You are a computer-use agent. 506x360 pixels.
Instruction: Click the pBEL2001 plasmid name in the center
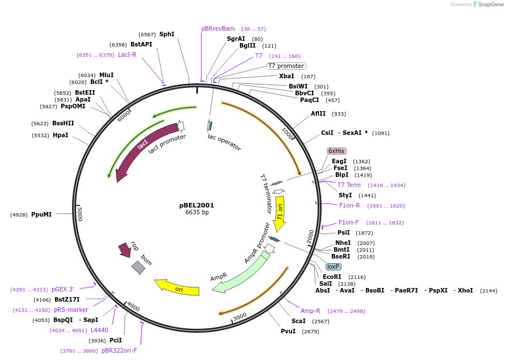197,205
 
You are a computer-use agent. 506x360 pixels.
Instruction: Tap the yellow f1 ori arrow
280,210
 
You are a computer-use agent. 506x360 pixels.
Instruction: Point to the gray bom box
138,267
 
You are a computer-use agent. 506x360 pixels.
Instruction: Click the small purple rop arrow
124,249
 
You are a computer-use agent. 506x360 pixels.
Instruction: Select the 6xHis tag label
336,151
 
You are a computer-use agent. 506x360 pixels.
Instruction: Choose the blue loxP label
334,266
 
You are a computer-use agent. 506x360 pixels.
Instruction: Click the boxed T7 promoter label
286,66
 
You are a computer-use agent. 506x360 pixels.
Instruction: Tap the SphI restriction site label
167,34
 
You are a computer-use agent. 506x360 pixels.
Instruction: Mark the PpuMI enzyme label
41,214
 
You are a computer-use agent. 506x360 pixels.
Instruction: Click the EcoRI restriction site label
332,277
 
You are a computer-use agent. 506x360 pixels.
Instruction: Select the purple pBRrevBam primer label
218,28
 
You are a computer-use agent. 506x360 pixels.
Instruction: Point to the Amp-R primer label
310,311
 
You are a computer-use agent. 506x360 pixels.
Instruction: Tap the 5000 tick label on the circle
81,214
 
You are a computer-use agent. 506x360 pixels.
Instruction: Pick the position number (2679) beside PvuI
310,331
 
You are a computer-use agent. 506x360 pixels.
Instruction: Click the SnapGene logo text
491,5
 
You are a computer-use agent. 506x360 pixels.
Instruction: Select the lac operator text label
224,142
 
